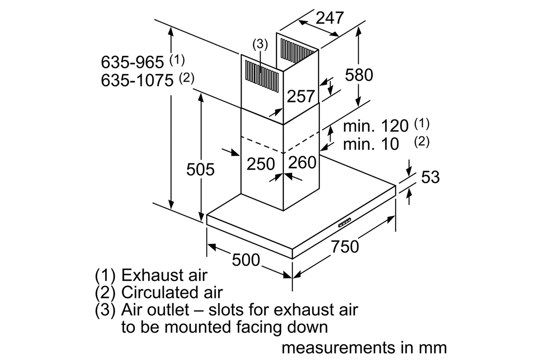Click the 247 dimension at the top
[x=329, y=18]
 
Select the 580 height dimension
[x=359, y=75]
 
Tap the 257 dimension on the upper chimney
[x=301, y=96]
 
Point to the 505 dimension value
[x=200, y=169]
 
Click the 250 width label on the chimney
[x=261, y=164]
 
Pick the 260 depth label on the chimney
[x=302, y=162]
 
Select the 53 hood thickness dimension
[x=430, y=177]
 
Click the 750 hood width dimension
[x=345, y=247]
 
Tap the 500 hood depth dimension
[x=246, y=260]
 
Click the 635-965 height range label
[x=132, y=62]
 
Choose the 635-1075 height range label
[x=137, y=80]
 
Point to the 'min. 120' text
[x=376, y=126]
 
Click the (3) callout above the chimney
[x=260, y=44]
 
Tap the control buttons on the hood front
[x=345, y=222]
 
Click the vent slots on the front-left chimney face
[x=262, y=76]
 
